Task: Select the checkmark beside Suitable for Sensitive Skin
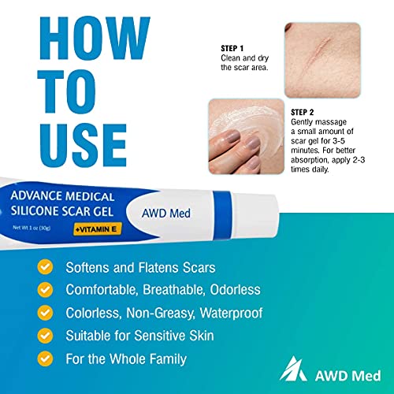pos(46,336)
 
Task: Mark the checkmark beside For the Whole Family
pos(46,359)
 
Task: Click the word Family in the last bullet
pos(163,359)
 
